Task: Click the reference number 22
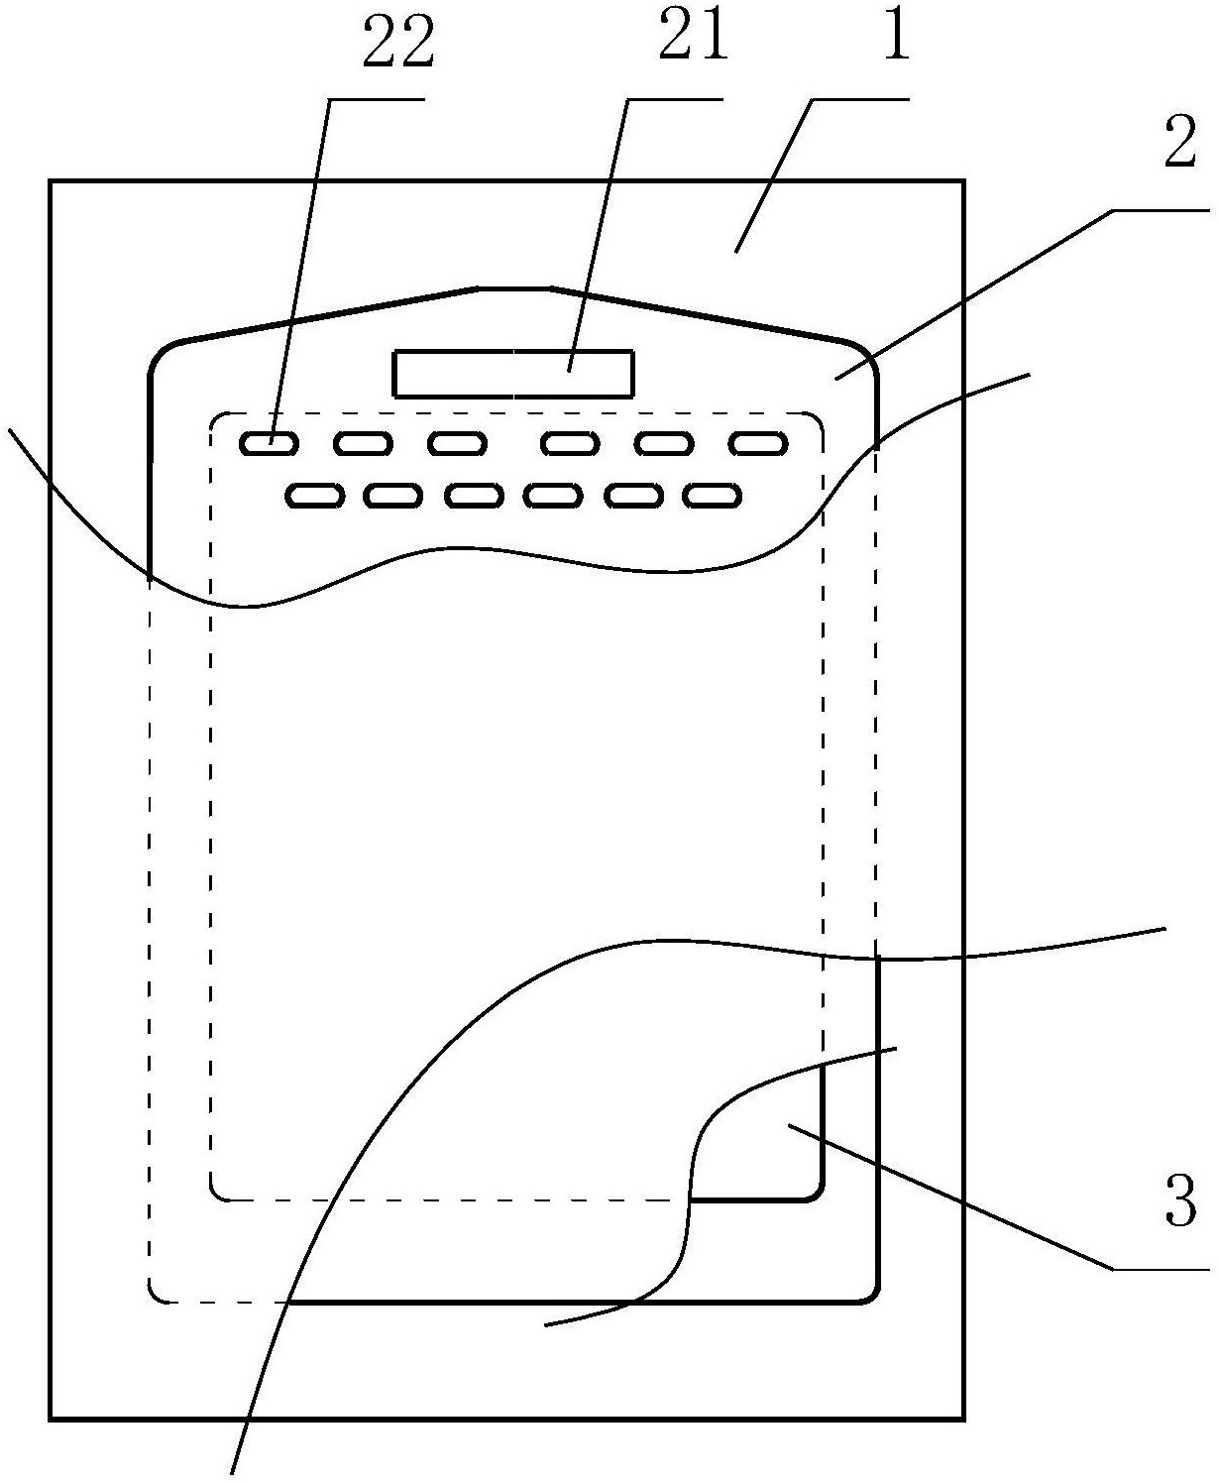click(x=397, y=47)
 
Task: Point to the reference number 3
click(x=1177, y=1201)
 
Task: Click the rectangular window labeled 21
click(x=513, y=374)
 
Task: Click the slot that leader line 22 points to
click(x=269, y=443)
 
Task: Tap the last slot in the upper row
click(x=759, y=443)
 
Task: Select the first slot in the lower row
click(x=315, y=495)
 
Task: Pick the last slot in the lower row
click(x=714, y=495)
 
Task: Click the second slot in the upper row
click(x=364, y=443)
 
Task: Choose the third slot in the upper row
click(x=457, y=443)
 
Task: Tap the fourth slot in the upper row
click(x=571, y=443)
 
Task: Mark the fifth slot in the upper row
click(x=664, y=443)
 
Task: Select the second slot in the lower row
click(x=394, y=495)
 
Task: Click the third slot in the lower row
click(x=475, y=495)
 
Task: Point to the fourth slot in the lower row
click(x=553, y=495)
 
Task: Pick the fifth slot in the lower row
click(x=634, y=495)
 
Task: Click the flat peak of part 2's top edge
click(x=515, y=289)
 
